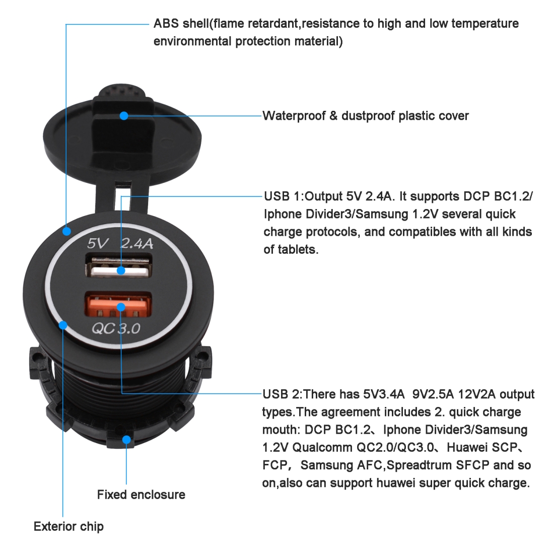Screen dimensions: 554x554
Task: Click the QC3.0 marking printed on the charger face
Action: tap(116, 328)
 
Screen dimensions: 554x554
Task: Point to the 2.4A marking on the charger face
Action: tap(137, 243)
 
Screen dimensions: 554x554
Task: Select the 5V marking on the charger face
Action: tap(98, 243)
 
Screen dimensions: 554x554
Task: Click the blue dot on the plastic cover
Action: tap(124, 115)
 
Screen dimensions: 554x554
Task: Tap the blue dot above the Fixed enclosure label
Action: tap(126, 440)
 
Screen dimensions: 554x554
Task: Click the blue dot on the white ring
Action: tap(63, 325)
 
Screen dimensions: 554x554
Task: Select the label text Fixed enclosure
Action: tap(141, 494)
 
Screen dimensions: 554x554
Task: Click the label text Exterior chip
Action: tap(68, 526)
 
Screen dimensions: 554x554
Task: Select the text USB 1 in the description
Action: tap(282, 196)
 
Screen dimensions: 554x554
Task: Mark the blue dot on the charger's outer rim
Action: tap(66, 232)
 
